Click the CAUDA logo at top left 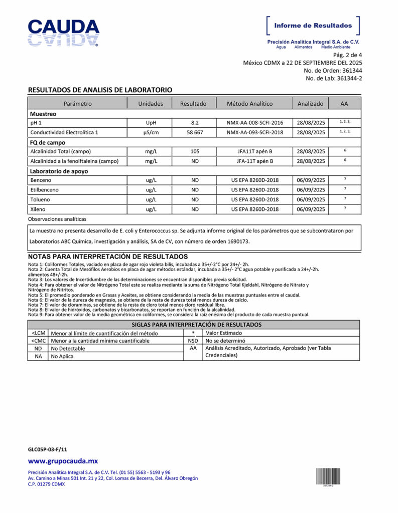click(63, 33)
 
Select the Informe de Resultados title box click(313, 26)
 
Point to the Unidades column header click(151, 104)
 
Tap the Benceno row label click(41, 180)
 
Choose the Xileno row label click(39, 209)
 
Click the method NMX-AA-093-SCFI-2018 click(254, 132)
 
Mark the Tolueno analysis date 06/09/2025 click(311, 199)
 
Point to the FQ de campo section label click(49, 142)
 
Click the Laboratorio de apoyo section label click(59, 171)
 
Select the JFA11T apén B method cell click(254, 151)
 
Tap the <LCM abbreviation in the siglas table click(38, 333)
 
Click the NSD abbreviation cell click(193, 341)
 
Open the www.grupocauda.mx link click(63, 461)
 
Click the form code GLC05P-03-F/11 click(47, 449)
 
